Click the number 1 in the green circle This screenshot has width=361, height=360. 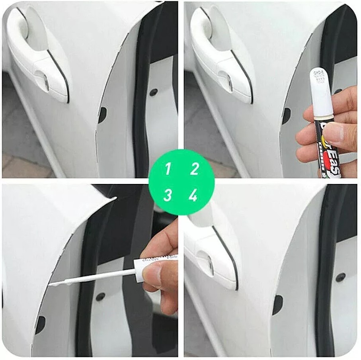[x=168, y=169]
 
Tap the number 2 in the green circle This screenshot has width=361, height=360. [x=194, y=169]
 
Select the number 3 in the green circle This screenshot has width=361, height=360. [x=168, y=195]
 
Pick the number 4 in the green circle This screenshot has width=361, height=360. [x=194, y=195]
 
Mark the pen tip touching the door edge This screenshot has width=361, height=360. [x=51, y=284]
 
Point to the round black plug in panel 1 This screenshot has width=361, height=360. [x=154, y=92]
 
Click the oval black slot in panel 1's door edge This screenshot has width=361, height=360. [x=102, y=115]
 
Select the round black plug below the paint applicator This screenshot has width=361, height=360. [x=100, y=297]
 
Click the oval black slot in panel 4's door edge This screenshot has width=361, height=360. [x=277, y=305]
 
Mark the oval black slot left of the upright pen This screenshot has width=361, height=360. [x=286, y=115]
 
